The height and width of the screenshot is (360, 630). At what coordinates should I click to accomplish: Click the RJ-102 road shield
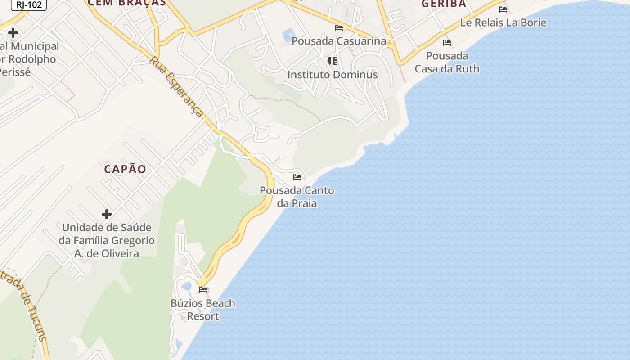pos(29,4)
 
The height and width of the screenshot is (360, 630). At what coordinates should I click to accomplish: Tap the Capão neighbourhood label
pos(125,169)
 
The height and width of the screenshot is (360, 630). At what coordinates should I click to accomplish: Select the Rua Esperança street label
pos(176,86)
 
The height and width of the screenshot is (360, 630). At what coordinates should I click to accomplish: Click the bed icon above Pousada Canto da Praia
pos(297,177)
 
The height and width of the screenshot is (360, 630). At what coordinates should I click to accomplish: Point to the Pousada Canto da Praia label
pos(297,197)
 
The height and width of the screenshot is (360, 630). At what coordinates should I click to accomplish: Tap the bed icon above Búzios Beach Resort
pos(203,290)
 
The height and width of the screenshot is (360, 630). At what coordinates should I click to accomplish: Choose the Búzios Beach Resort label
pos(203,310)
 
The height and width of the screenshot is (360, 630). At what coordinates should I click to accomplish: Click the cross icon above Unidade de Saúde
pos(107,214)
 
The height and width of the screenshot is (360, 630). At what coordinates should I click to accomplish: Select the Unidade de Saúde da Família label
pos(107,240)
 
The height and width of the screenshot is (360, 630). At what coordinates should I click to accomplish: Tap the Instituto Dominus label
pos(333,75)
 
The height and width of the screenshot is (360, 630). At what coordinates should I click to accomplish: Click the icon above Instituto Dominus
pos(333,61)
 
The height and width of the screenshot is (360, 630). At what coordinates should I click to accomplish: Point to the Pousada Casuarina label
pos(339,41)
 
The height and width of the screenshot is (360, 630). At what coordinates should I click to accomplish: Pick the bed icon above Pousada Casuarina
pos(339,28)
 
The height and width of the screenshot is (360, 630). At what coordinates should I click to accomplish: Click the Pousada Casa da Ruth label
pos(447,63)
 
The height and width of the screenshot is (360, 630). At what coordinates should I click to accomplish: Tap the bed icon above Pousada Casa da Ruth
pos(447,43)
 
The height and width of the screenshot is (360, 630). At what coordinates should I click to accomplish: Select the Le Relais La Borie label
pos(503,22)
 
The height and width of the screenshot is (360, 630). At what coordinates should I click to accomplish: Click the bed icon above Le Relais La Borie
pos(503,9)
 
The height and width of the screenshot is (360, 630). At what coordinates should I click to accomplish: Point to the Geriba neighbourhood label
pos(444,4)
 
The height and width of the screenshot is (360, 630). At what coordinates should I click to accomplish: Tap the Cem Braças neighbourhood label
pos(127,3)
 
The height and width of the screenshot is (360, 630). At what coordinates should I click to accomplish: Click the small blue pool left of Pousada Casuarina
pos(288,34)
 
